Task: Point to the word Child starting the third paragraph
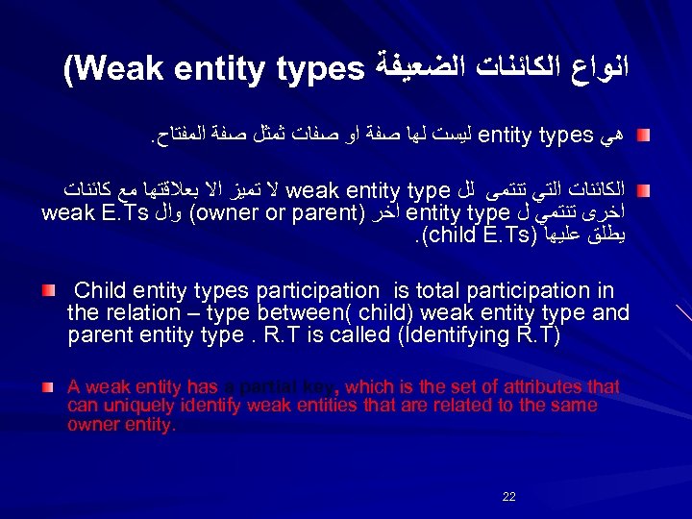click(x=100, y=289)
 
